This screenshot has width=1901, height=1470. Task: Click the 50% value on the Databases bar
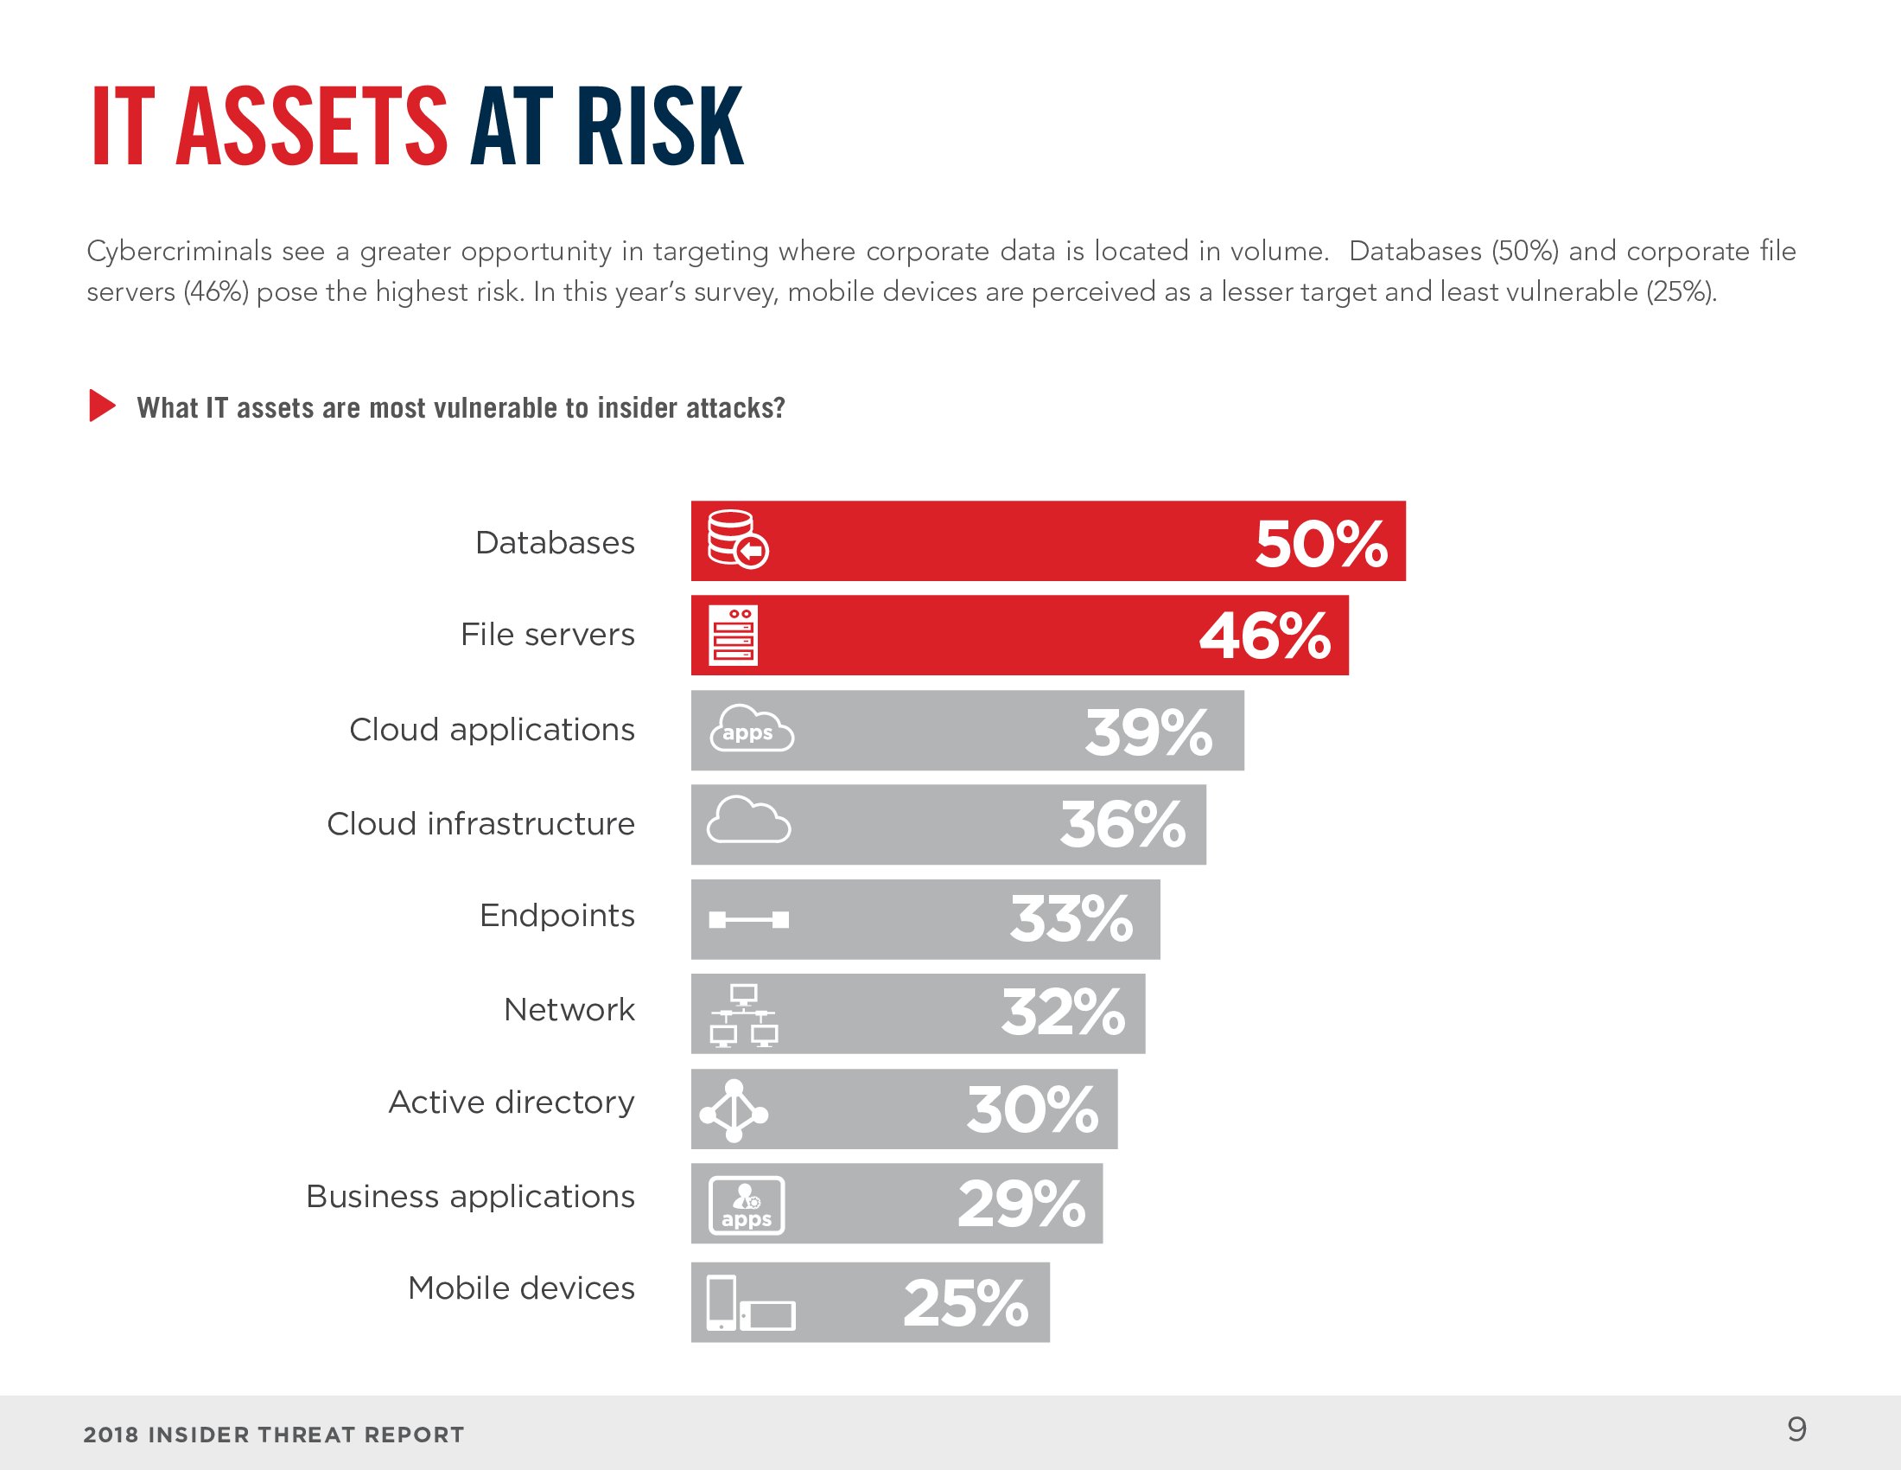(1319, 544)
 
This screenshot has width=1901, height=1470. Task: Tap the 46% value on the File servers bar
(1264, 636)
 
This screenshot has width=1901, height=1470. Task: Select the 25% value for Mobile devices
(965, 1304)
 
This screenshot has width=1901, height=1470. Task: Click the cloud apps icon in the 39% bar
(751, 730)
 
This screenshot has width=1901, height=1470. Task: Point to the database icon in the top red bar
(736, 540)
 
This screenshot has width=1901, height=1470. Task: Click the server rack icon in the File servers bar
(733, 636)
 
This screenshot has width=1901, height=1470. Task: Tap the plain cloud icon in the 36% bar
(747, 821)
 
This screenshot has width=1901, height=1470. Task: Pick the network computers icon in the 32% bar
(743, 1015)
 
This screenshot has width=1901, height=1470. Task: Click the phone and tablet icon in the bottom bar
(749, 1304)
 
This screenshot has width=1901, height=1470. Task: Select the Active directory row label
(511, 1102)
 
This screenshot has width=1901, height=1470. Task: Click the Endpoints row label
(556, 916)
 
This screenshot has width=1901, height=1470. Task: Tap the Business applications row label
(470, 1197)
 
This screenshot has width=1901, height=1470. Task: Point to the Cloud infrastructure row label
(480, 824)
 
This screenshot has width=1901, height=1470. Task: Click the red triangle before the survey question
(101, 406)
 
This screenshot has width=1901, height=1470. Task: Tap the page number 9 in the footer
(1796, 1429)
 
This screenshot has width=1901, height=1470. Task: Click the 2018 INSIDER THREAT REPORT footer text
(273, 1435)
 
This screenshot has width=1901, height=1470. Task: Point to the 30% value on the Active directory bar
(1032, 1109)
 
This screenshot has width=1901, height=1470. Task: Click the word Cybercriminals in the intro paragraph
(179, 252)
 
